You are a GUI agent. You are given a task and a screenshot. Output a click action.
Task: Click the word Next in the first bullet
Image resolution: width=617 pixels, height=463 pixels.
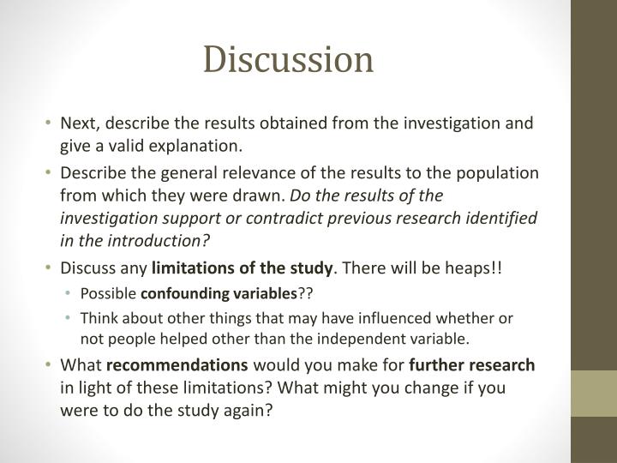click(x=79, y=123)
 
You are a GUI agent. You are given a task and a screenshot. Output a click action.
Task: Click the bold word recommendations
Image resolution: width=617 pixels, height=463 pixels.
click(x=177, y=365)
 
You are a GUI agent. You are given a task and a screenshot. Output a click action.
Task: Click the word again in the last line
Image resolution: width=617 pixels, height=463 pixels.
click(x=249, y=410)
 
